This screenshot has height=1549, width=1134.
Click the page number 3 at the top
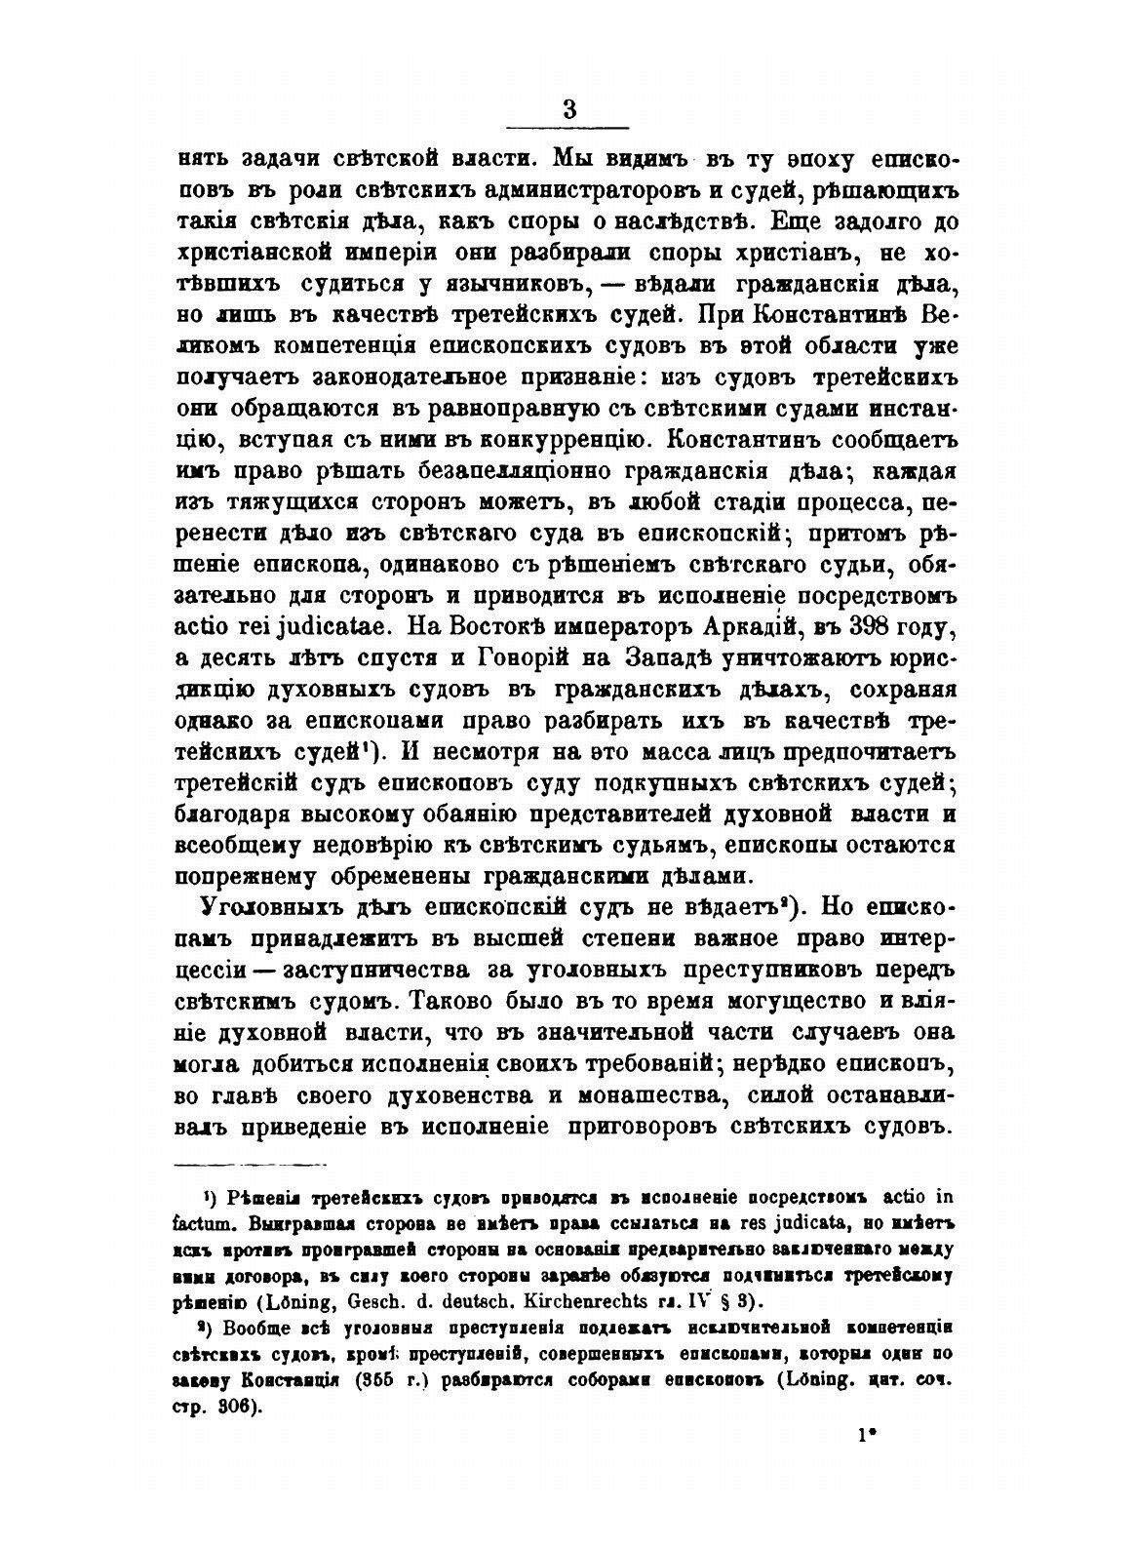coord(569,108)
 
